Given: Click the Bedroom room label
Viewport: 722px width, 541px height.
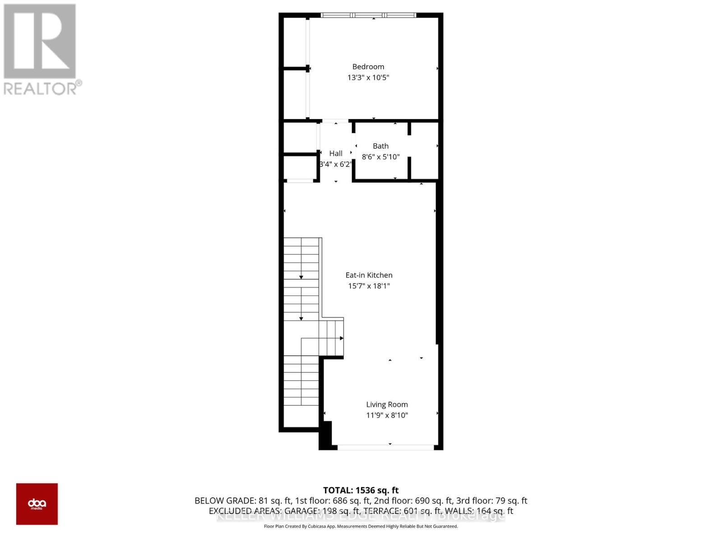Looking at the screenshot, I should pos(368,67).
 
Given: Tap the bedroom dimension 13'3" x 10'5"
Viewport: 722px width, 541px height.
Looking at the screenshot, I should pos(368,78).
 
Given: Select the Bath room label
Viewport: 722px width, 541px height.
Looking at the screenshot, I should pos(380,146).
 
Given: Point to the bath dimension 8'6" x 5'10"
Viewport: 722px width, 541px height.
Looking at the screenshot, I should pos(380,157).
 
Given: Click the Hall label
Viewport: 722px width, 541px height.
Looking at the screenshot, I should pos(335,153).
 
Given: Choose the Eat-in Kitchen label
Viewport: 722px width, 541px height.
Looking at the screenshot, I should pos(369,275).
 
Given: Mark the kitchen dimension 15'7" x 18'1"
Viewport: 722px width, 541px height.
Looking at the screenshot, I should pos(369,286).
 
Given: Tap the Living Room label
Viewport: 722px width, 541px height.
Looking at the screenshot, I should pos(387,405).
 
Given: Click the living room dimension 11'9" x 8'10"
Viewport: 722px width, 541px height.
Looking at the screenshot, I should pos(387,415).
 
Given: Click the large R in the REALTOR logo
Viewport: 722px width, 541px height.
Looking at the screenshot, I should pos(40,41).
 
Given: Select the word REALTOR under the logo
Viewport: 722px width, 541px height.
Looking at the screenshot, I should pos(41,88).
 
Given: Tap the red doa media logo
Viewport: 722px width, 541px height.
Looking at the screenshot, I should pos(37,504).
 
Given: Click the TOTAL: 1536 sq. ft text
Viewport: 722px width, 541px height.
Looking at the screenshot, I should pos(361,490).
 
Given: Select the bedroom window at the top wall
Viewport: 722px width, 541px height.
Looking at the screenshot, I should pos(368,15).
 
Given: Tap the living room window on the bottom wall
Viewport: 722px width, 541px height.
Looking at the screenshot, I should pos(386,447).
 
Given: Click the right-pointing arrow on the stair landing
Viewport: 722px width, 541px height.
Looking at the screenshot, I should pos(342,338).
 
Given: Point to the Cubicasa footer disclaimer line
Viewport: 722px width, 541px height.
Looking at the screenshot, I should pos(361,526).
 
